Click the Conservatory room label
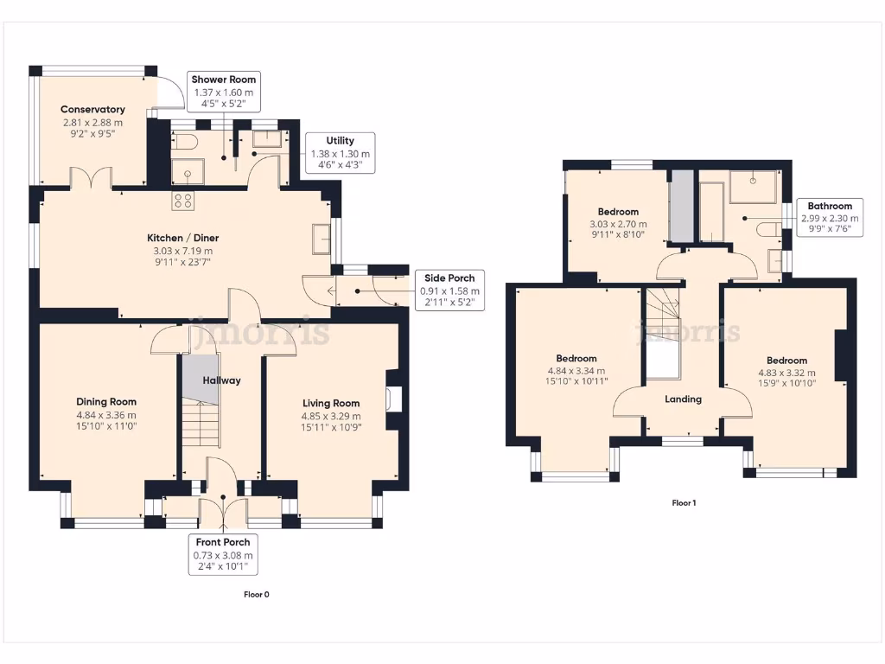tap(92, 122)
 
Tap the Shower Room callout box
tap(225, 92)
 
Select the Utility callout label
tap(339, 153)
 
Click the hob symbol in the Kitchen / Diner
tap(183, 201)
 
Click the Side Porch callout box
tap(449, 290)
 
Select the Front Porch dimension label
tap(223, 555)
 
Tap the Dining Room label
tap(106, 413)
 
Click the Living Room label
tap(331, 414)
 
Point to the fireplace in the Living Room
tap(393, 398)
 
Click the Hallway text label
tap(221, 380)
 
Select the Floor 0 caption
tap(257, 595)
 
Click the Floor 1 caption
tap(684, 502)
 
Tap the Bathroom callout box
tap(830, 219)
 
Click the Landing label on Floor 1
tap(683, 399)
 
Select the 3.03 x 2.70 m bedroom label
tap(618, 224)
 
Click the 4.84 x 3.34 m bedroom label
tap(576, 370)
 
